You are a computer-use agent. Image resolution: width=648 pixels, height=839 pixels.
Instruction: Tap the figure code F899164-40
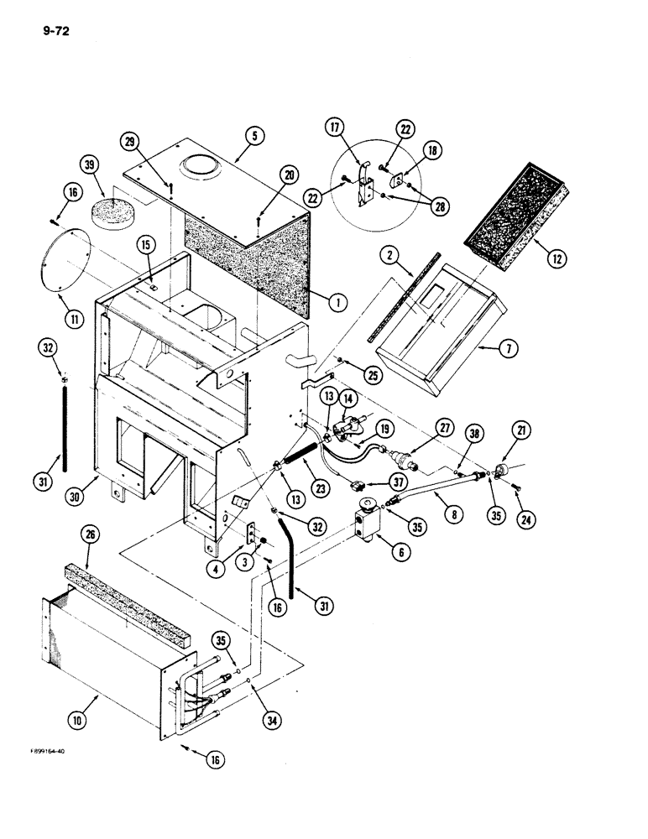coord(43,751)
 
